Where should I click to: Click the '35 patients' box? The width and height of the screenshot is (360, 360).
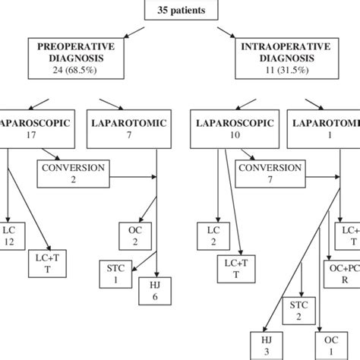tap(180, 9)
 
